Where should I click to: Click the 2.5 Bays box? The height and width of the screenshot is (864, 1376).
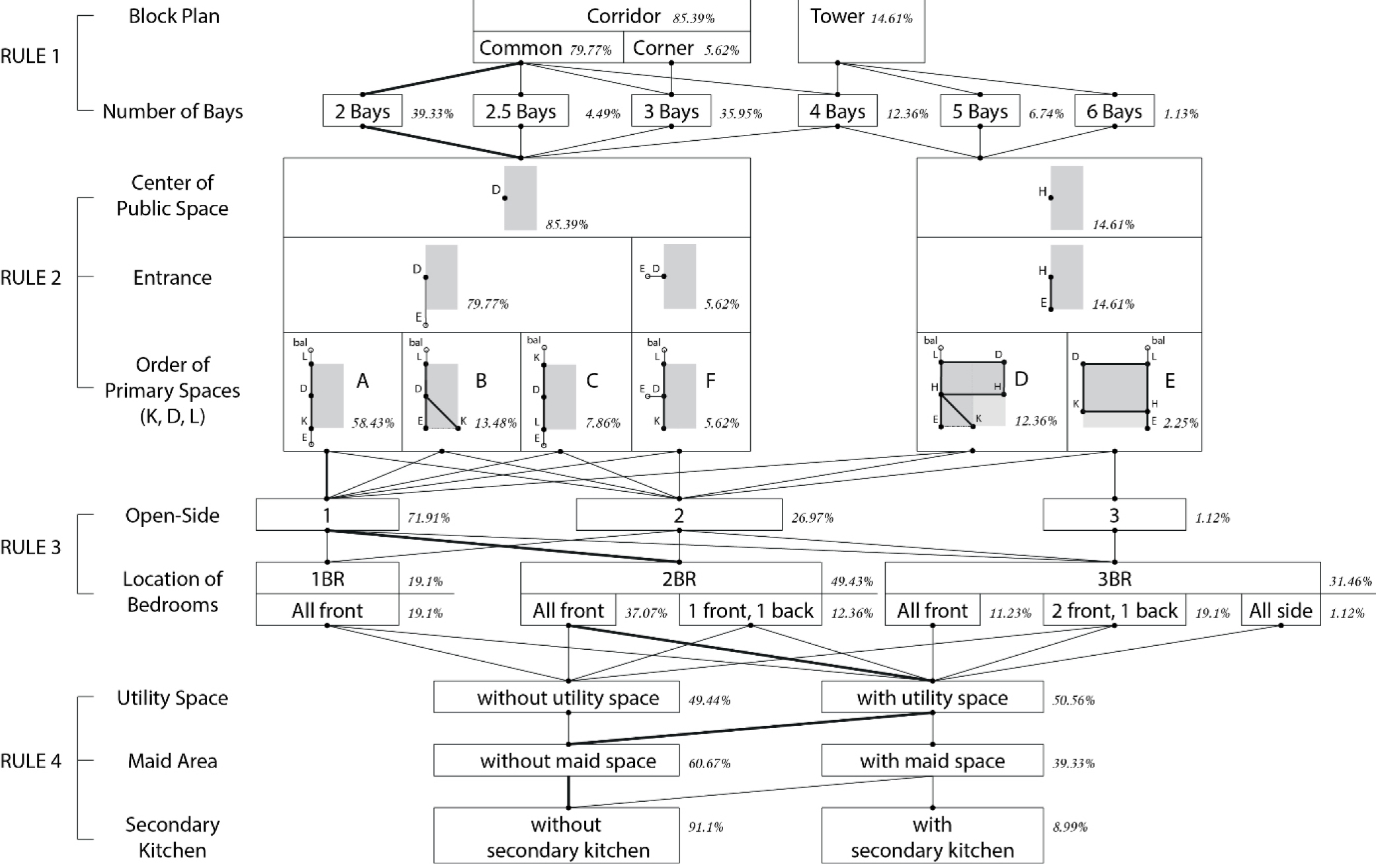click(x=520, y=111)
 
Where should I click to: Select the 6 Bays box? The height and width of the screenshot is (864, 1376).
click(x=1114, y=111)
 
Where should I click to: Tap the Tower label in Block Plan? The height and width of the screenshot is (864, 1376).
click(x=837, y=17)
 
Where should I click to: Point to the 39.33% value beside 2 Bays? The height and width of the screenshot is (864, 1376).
click(x=432, y=114)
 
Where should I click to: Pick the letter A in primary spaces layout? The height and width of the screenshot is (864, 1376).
click(x=362, y=381)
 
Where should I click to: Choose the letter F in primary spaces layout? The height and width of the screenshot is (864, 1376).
click(x=710, y=381)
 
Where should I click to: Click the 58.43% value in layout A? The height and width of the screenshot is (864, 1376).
click(x=373, y=423)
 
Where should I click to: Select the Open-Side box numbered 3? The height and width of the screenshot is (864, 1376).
click(x=1114, y=515)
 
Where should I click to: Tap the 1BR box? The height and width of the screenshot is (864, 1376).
click(x=327, y=578)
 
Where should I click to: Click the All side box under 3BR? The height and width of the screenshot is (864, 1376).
click(x=1280, y=610)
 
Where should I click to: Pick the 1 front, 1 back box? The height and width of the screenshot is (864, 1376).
click(x=750, y=610)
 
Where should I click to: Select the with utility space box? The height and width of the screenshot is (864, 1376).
click(x=932, y=697)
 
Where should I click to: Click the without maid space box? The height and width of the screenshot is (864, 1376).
click(x=568, y=761)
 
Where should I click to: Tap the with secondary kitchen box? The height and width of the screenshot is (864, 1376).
click(x=932, y=836)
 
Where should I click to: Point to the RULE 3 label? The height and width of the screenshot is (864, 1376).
click(x=30, y=547)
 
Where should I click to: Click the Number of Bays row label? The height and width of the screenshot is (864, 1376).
click(x=172, y=111)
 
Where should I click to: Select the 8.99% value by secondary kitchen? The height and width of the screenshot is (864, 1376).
click(x=1070, y=827)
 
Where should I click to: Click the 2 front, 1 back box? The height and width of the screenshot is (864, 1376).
click(x=1114, y=610)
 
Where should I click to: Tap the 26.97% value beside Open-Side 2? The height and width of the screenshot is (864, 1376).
click(x=812, y=518)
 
